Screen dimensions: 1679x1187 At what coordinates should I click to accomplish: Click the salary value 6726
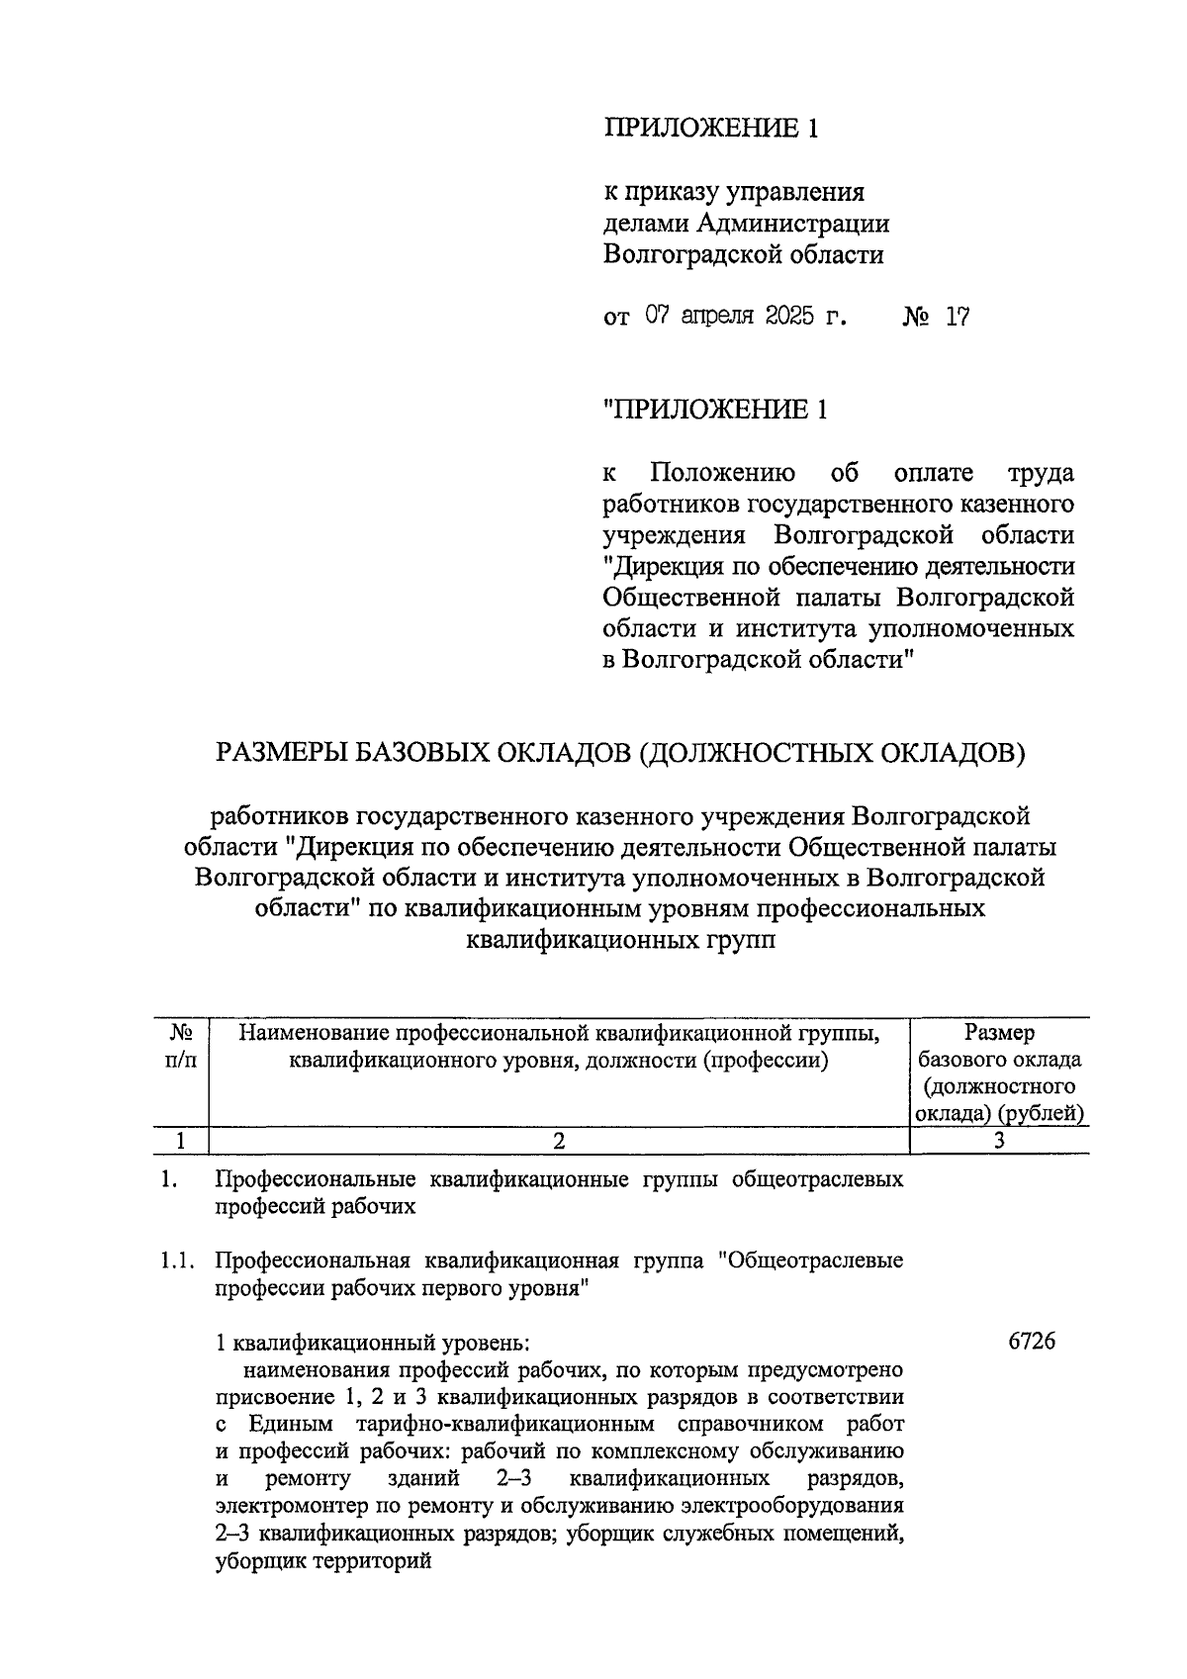coord(1032,1342)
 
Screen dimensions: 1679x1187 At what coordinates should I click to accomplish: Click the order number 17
coord(957,317)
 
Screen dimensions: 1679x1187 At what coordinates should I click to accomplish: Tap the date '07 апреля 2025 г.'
coord(747,317)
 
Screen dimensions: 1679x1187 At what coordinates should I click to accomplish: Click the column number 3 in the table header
coord(999,1140)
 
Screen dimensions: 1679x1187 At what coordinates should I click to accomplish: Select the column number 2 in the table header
coord(559,1140)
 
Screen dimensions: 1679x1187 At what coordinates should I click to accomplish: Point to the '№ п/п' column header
coord(179,1047)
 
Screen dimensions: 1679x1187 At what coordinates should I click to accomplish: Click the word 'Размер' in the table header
coord(1000,1033)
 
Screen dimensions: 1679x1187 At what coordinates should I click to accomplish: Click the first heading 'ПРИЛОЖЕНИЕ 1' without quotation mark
coord(711,129)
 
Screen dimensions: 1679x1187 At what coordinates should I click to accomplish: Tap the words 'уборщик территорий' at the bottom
coord(323,1563)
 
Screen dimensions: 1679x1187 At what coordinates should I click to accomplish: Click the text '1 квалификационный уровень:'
coord(374,1344)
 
